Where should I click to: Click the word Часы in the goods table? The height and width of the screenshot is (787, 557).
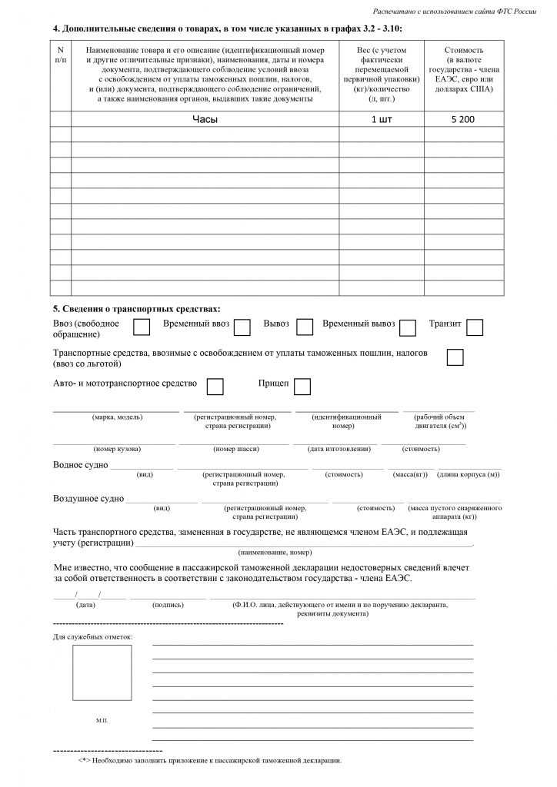(205, 119)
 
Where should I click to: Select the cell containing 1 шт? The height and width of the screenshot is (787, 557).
(382, 119)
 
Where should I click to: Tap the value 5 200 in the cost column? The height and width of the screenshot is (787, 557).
(463, 119)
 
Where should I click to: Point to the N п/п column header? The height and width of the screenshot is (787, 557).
(61, 54)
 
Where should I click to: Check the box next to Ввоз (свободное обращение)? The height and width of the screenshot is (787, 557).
(142, 327)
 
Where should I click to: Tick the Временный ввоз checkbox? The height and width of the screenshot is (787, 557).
(242, 327)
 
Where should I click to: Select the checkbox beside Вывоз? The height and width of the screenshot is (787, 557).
(305, 327)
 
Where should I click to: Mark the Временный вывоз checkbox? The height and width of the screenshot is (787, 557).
(408, 327)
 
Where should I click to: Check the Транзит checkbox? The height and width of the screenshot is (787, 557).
(475, 327)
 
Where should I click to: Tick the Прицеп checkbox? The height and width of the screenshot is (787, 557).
(302, 386)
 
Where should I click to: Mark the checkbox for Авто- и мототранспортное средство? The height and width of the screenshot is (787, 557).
(215, 386)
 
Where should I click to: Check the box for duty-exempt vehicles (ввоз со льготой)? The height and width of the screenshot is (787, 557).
(455, 357)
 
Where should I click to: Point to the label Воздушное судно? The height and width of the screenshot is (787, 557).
(88, 499)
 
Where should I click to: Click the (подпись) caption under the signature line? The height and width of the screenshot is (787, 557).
(168, 605)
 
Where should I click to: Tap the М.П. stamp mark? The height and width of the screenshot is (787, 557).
(102, 720)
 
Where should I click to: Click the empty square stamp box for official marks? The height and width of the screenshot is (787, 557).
(102, 672)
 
